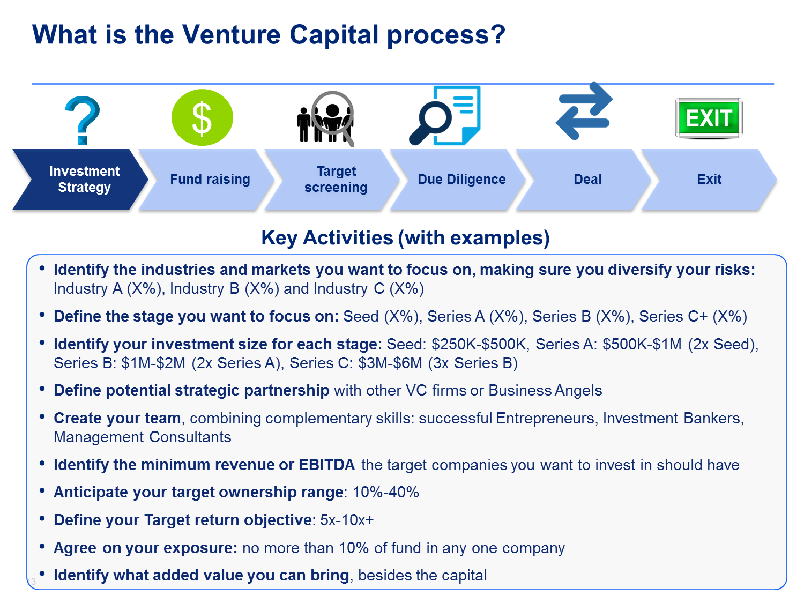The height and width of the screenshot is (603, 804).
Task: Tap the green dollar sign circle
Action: pyautogui.click(x=202, y=117)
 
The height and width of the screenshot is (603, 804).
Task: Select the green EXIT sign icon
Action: pyautogui.click(x=709, y=118)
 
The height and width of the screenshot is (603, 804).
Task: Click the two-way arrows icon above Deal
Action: pyautogui.click(x=584, y=111)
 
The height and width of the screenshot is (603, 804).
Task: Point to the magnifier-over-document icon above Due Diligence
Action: pyautogui.click(x=445, y=116)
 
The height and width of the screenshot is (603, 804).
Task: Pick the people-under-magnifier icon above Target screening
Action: pyautogui.click(x=326, y=118)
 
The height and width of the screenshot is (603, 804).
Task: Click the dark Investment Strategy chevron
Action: pyautogui.click(x=80, y=180)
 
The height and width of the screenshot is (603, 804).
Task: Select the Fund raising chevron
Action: pyautogui.click(x=206, y=180)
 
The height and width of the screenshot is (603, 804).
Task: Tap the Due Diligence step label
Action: pyautogui.click(x=461, y=180)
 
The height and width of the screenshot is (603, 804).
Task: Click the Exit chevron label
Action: pyautogui.click(x=709, y=180)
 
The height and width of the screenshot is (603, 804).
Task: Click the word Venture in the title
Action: pyautogui.click(x=231, y=35)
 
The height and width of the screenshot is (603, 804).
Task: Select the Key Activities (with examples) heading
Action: pyautogui.click(x=405, y=238)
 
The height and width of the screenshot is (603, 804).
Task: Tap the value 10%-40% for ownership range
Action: pyautogui.click(x=386, y=493)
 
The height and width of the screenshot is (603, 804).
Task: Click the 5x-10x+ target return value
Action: pyautogui.click(x=347, y=520)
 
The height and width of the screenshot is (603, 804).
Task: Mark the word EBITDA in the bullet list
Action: pyautogui.click(x=327, y=465)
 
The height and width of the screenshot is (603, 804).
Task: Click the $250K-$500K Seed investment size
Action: pyautogui.click(x=479, y=345)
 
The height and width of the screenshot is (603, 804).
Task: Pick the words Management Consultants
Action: pyautogui.click(x=143, y=437)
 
